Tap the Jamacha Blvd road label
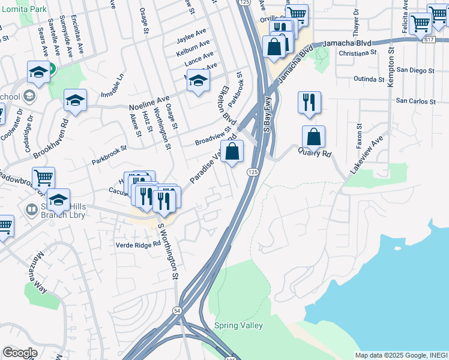346,44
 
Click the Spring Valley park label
238,325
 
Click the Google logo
20,353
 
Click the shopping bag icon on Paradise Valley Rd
232,151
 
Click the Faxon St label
360,136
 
